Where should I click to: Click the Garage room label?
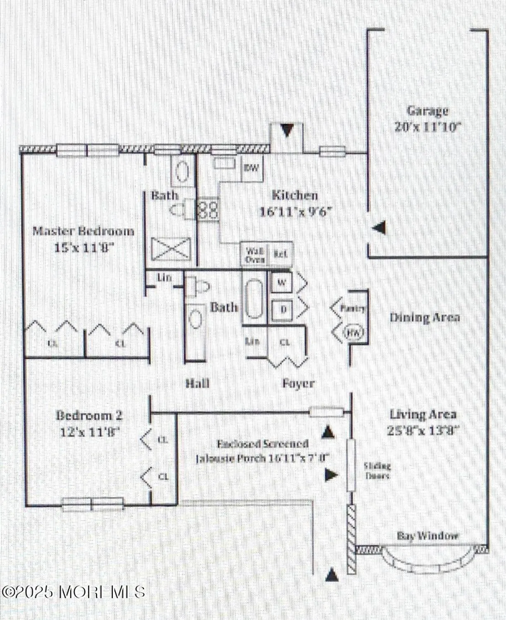click(428, 111)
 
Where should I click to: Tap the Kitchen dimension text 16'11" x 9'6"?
click(296, 212)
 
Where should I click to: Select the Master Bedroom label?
click(83, 231)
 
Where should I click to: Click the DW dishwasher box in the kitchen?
click(251, 168)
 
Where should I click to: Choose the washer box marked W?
click(282, 283)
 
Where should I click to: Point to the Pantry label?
click(352, 308)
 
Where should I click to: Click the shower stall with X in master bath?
click(170, 249)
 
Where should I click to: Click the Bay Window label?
click(428, 536)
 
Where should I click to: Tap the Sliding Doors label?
click(377, 471)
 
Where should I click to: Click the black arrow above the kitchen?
click(287, 131)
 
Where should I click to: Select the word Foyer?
click(298, 384)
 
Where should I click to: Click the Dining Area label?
click(425, 317)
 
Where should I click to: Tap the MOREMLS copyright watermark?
click(73, 591)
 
